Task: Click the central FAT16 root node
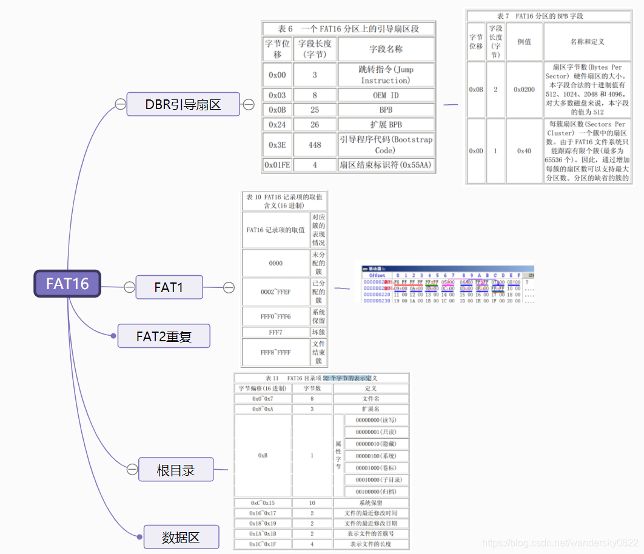click(67, 284)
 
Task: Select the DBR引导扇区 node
click(183, 104)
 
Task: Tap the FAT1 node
click(169, 287)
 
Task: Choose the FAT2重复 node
click(164, 336)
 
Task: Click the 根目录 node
click(176, 470)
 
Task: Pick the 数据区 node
click(181, 537)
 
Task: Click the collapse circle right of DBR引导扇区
click(248, 104)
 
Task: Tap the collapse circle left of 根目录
click(132, 470)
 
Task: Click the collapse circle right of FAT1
click(229, 287)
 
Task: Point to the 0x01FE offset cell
click(277, 165)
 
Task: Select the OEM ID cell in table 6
click(386, 95)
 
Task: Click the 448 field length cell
click(315, 145)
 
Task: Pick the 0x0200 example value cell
click(524, 89)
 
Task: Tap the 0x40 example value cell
click(524, 151)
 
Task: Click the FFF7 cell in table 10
click(275, 332)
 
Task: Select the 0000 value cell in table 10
click(275, 263)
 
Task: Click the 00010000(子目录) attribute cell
click(376, 479)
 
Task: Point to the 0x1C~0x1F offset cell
click(263, 544)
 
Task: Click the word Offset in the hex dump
click(377, 275)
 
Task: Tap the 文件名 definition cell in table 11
click(371, 398)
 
